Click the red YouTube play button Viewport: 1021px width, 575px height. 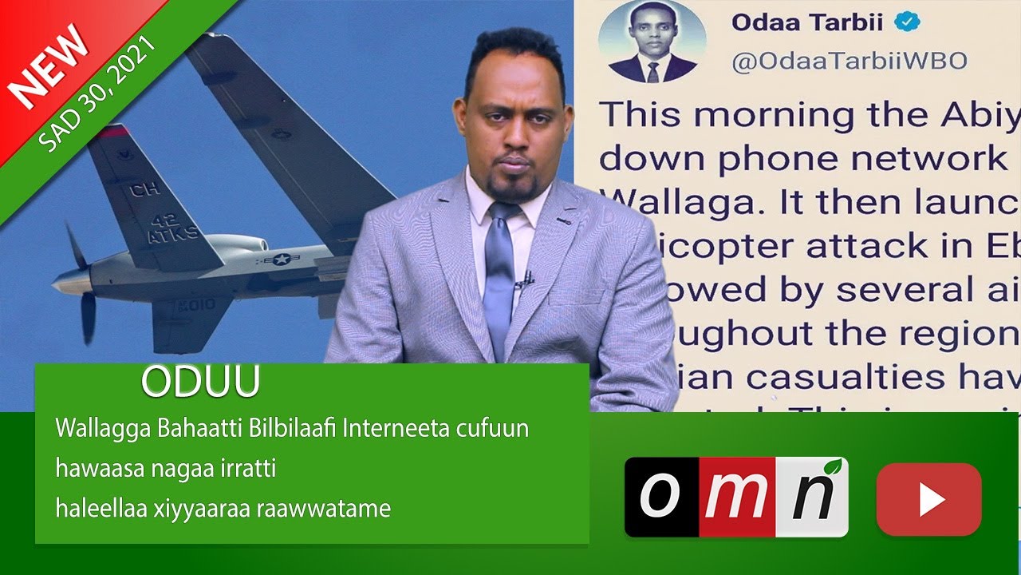[928, 499]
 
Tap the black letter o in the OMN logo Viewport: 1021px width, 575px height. [660, 497]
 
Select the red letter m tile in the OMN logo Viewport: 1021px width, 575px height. [736, 497]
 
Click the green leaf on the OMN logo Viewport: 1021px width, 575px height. [834, 467]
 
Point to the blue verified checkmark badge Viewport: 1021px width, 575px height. [906, 22]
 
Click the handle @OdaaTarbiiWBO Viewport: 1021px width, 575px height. [850, 61]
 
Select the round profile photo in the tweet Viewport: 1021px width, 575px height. [652, 42]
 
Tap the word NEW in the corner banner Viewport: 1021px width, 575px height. [49, 65]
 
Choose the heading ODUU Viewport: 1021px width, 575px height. [200, 383]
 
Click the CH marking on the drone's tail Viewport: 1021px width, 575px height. [144, 188]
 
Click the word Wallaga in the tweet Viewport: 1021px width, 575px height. [670, 201]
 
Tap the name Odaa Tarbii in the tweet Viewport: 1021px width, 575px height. [806, 22]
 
